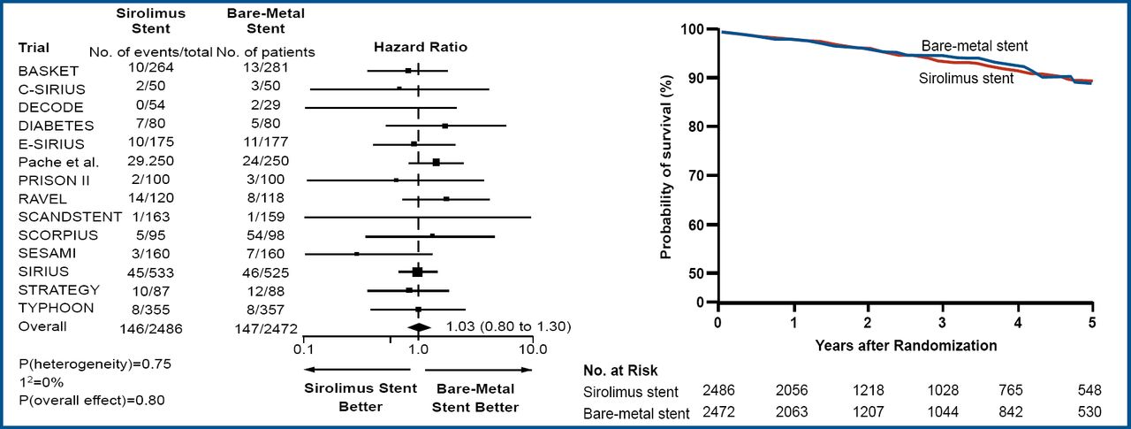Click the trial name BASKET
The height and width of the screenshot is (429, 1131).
[49, 70]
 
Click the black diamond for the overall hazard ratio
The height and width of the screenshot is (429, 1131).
[417, 327]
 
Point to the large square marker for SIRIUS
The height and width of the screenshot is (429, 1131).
[417, 272]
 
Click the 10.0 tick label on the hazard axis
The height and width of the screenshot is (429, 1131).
[532, 349]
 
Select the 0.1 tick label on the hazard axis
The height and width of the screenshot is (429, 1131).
[303, 349]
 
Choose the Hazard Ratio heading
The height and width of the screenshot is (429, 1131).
[421, 46]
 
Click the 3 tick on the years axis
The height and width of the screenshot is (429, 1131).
[943, 320]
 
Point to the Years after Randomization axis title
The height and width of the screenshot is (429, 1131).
[906, 344]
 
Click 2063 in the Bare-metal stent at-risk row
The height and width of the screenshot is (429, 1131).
[793, 412]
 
